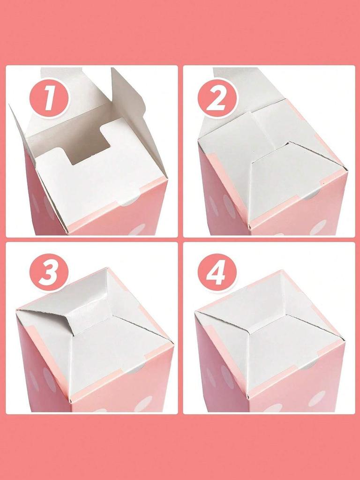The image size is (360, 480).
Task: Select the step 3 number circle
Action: pyautogui.click(x=49, y=272)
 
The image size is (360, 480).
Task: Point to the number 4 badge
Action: pyautogui.click(x=217, y=272)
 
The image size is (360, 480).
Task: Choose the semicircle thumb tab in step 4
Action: pyautogui.click(x=308, y=365)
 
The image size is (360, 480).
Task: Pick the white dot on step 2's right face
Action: pyautogui.click(x=319, y=227)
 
